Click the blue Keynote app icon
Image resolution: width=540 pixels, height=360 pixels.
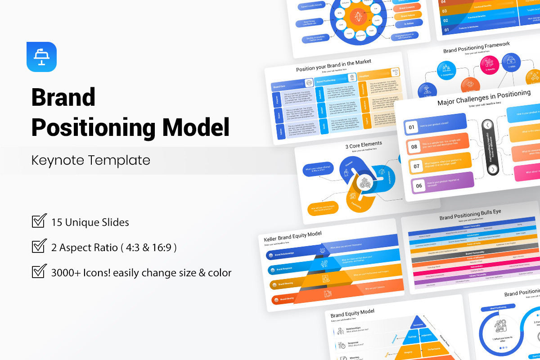[x=41, y=57]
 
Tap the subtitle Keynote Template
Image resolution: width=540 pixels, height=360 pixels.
[x=91, y=160]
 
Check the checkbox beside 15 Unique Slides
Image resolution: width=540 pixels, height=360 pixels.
[x=39, y=221]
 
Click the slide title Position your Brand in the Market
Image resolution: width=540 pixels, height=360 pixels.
[x=333, y=66]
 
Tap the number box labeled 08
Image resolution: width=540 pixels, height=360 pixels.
[x=414, y=147]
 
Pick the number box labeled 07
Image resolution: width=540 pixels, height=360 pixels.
[x=417, y=166]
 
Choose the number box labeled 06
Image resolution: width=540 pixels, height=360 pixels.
[x=419, y=185]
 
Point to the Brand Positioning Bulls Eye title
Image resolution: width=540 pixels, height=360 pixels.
[x=470, y=214]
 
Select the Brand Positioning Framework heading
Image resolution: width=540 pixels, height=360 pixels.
[x=477, y=47]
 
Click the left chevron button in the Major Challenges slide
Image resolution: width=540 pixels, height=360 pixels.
[x=487, y=125]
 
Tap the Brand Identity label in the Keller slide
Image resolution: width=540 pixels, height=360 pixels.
[x=287, y=299]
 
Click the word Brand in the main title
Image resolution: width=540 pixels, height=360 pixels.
[x=63, y=97]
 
